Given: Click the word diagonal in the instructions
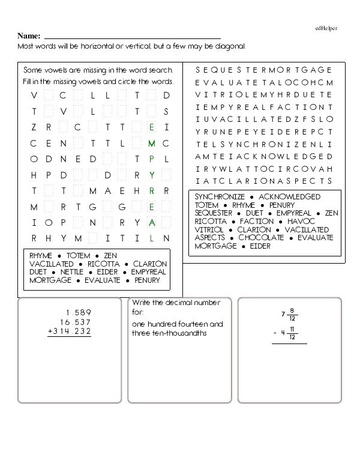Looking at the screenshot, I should point(229,46).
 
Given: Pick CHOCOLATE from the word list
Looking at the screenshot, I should point(261,238).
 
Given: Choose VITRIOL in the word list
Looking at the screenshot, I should point(209,229).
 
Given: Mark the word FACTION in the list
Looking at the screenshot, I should point(257,221).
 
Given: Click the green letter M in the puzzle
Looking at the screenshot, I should point(151,143).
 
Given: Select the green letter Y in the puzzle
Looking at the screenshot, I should point(152,175).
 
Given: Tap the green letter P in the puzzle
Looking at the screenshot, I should point(152,159).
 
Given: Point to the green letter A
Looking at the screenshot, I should point(152,222).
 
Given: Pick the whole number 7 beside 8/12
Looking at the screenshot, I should point(283,314).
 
